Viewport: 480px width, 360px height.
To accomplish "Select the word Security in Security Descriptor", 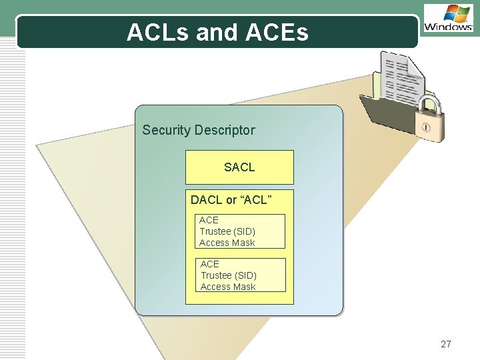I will tap(166, 130).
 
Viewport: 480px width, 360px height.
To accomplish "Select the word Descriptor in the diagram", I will tap(224, 130).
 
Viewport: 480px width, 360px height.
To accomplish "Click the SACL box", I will tap(239, 167).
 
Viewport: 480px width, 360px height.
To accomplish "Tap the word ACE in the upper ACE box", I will tap(209, 220).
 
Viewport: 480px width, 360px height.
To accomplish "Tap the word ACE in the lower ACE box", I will tap(210, 264).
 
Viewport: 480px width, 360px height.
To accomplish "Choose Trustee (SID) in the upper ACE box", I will tap(227, 231).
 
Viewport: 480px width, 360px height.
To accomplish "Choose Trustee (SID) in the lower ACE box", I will tap(229, 275).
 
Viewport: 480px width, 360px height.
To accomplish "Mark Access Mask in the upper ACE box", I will tap(227, 243).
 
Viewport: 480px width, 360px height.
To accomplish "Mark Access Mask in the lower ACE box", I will tap(228, 287).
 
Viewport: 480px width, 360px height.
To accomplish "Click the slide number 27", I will tap(446, 344).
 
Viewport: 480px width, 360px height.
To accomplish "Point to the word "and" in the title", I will tap(216, 32).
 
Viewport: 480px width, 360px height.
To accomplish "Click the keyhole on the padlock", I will tap(425, 127).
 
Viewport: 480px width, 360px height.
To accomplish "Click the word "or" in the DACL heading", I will tap(232, 199).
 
